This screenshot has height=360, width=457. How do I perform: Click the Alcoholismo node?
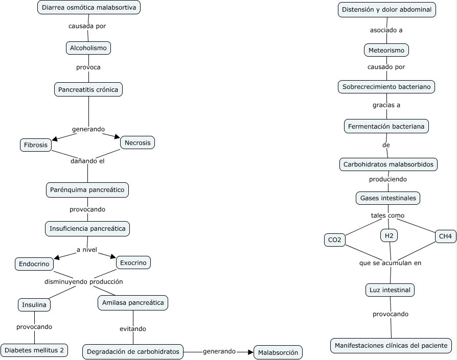click(x=88, y=48)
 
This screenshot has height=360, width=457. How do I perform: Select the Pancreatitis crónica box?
click(x=88, y=89)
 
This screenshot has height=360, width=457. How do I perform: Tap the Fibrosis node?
click(x=36, y=145)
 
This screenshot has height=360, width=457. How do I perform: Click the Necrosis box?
click(x=138, y=142)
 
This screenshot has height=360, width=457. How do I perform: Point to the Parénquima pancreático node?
click(x=87, y=190)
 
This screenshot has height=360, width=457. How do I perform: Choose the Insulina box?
click(x=34, y=305)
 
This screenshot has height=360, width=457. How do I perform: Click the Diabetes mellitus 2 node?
click(x=34, y=350)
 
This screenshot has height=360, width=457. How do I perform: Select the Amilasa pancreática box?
click(x=133, y=303)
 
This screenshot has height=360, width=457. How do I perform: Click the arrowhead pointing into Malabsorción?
click(x=250, y=352)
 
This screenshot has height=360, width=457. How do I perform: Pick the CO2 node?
click(x=335, y=240)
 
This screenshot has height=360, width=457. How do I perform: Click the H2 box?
click(x=389, y=235)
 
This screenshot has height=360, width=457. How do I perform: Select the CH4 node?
click(x=445, y=236)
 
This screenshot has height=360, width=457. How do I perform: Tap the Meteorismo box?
click(x=386, y=50)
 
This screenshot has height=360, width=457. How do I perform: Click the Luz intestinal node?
click(x=390, y=290)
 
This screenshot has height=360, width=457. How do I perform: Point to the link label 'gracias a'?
click(x=386, y=105)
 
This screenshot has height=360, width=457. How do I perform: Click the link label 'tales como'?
click(x=387, y=215)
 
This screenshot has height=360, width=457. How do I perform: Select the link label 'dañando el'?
click(x=87, y=161)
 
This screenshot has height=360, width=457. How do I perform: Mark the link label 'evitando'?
click(x=132, y=328)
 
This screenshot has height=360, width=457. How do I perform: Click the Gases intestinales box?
click(x=388, y=198)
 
